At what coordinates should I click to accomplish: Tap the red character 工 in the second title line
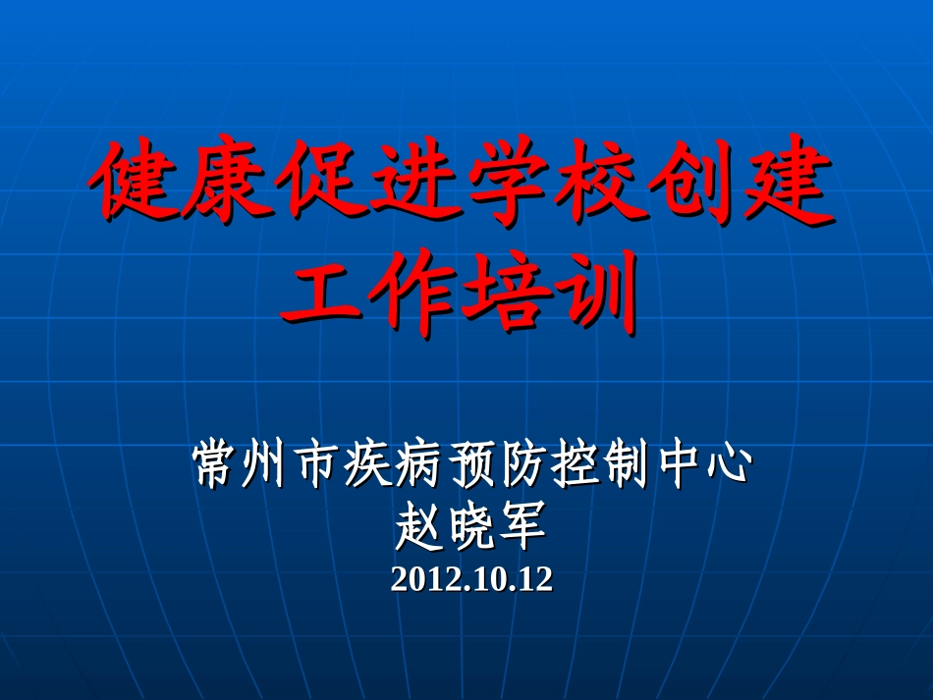click(320, 292)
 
